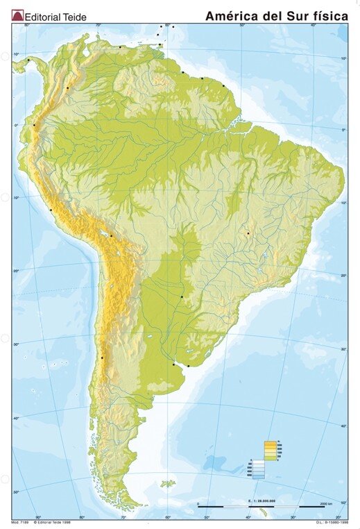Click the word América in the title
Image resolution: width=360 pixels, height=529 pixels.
232,15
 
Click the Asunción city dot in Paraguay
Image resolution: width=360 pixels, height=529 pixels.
182,297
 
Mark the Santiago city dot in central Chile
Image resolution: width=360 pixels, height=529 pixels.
102,358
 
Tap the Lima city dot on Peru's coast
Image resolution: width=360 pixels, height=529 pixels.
51,210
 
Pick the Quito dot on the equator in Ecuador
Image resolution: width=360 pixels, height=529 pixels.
33,125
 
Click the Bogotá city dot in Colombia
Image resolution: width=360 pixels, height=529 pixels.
67,88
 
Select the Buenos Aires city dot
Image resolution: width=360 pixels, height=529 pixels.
173,363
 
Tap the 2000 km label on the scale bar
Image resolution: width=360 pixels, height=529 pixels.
329,501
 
